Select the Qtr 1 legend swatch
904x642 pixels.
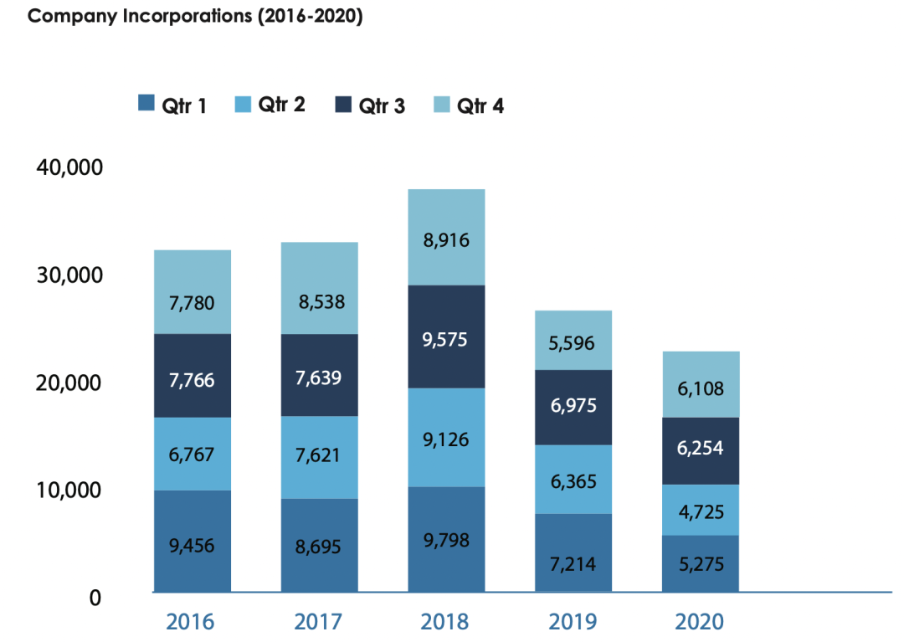146,104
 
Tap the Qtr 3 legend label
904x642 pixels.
382,105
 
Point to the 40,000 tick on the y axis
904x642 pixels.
69,167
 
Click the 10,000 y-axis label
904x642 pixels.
69,490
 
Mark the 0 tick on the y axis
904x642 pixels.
95,598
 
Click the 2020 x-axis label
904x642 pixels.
700,622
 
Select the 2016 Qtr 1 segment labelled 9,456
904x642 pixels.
192,542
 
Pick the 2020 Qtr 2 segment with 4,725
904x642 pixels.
701,510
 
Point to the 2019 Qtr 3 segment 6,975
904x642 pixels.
573,407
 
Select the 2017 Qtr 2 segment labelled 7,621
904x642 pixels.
319,457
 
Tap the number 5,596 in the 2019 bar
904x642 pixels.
573,342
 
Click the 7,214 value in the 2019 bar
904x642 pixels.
573,563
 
